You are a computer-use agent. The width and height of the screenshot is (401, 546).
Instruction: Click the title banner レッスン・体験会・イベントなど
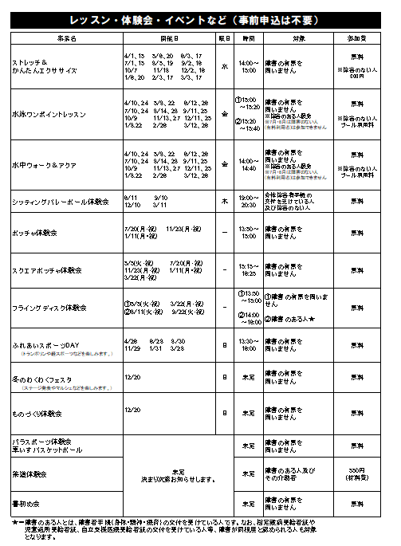pos(200,19)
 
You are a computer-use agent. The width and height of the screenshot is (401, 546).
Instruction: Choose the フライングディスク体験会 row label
pos(49,307)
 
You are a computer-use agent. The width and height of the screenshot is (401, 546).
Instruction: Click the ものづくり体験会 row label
pos(37,414)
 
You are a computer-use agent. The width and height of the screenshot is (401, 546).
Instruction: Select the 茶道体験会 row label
pos(29,474)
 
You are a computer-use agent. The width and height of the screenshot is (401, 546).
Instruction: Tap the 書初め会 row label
pos(26,504)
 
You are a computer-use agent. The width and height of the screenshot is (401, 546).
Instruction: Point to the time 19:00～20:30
pos(249,202)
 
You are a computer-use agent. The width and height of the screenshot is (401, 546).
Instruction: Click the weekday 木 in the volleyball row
pos(225,202)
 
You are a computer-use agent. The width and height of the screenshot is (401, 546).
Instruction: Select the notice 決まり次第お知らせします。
pos(179,480)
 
